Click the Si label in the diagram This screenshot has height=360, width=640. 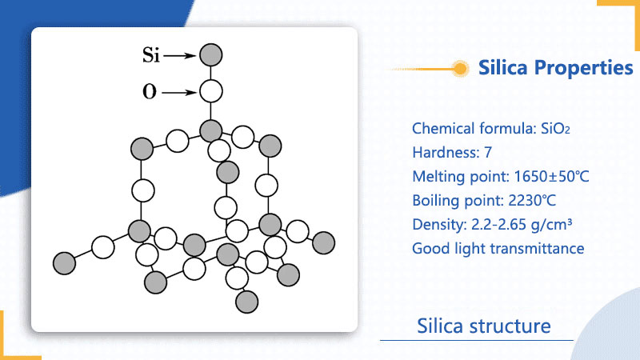(152, 55)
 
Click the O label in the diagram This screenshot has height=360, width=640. (150, 92)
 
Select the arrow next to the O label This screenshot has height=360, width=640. (181, 92)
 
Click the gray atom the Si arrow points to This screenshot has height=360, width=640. (210, 54)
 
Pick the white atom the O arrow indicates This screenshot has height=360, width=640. (210, 91)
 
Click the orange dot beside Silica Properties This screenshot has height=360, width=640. (460, 69)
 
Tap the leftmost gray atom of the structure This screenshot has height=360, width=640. (64, 262)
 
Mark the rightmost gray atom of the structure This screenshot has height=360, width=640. (323, 241)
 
